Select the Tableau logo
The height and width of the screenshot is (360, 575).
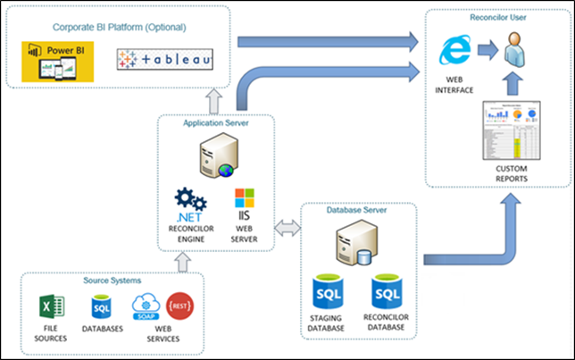click(x=166, y=61)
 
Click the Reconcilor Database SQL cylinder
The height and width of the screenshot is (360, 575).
click(x=387, y=296)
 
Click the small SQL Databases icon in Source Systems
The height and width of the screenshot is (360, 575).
click(x=101, y=308)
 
